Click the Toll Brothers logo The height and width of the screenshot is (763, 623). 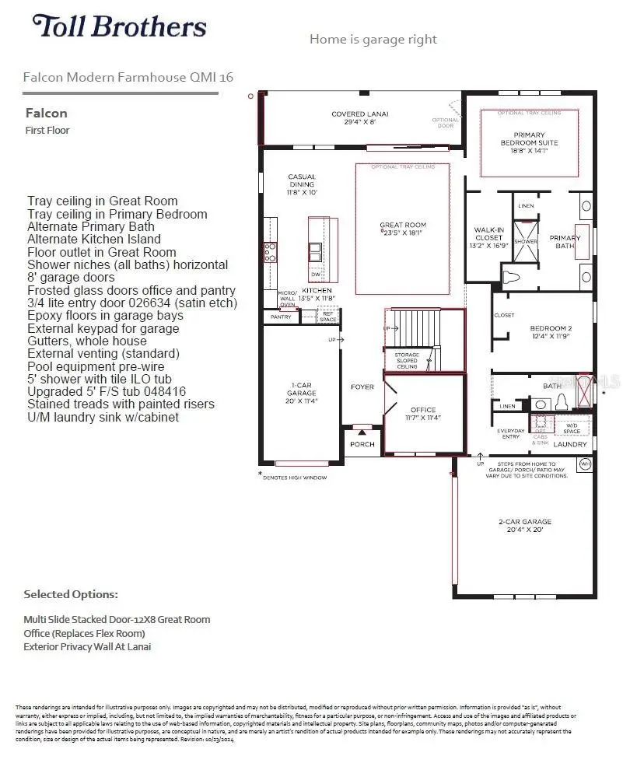119,26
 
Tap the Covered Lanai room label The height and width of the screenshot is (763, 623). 359,117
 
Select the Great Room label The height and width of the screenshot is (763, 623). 402,229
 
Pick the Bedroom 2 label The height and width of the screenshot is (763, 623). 551,332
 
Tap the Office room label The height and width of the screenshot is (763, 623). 423,414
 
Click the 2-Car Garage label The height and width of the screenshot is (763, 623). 525,525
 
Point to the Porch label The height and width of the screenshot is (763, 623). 362,444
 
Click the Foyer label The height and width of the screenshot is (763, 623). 362,387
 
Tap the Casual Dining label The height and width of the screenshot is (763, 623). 302,184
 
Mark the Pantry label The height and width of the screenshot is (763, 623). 281,317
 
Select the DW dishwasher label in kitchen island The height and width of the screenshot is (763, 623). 316,275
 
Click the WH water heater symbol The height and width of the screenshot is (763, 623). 584,464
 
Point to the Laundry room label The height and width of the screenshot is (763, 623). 569,444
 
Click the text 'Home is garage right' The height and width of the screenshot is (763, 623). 373,39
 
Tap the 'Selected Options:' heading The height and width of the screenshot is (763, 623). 71,594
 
